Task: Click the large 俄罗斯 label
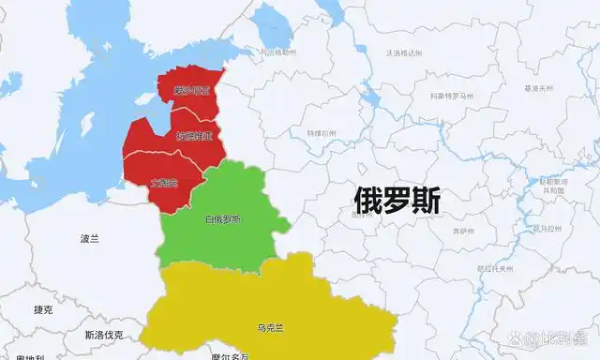coord(397,198)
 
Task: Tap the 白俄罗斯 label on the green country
coord(222,219)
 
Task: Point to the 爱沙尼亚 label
coord(192,91)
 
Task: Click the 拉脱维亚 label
coord(194,137)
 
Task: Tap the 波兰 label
coord(89,239)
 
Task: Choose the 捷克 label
coord(43,309)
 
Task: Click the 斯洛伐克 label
coord(103,335)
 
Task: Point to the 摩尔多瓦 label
coord(230,356)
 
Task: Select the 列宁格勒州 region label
coord(277,52)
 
